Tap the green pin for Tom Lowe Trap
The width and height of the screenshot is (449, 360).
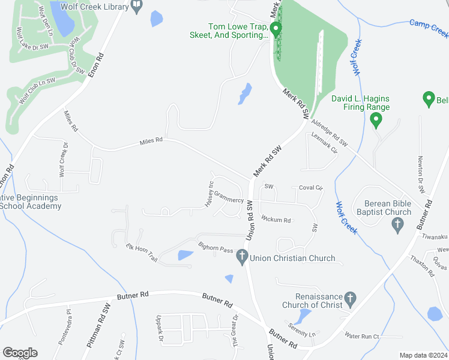click(276, 29)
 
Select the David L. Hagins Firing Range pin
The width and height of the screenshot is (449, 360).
click(376, 121)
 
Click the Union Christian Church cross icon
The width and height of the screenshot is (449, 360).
click(242, 258)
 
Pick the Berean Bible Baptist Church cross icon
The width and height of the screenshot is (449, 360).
click(396, 226)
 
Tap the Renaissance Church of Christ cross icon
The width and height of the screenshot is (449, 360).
click(351, 298)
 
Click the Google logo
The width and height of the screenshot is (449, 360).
click(20, 353)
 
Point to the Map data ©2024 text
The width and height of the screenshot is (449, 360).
click(423, 355)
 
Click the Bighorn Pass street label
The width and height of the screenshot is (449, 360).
click(215, 248)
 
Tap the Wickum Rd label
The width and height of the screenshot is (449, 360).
click(276, 220)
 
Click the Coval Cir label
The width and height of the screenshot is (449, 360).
click(311, 188)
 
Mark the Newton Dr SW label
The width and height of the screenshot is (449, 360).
click(421, 174)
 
